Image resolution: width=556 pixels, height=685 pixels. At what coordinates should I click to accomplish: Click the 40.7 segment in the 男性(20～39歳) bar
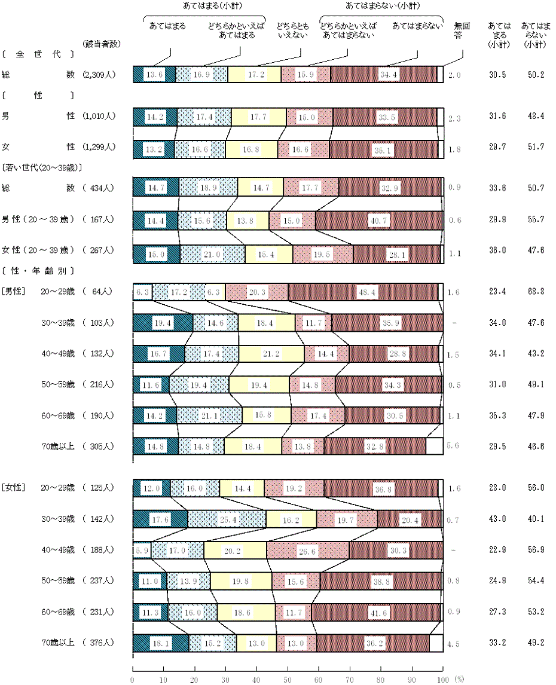pos(378,221)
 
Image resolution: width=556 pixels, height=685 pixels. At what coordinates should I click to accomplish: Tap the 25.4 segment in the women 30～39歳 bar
pos(227,519)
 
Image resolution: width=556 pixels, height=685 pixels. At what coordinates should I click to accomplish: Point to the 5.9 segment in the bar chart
pos(142,551)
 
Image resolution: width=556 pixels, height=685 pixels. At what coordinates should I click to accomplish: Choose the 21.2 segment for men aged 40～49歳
pos(271,354)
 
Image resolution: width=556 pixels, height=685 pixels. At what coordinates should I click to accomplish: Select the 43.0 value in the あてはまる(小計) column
pos(497,519)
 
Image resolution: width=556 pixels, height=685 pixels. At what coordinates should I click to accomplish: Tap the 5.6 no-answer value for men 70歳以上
pos(453,446)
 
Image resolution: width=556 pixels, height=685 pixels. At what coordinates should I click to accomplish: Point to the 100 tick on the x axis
pos(443,680)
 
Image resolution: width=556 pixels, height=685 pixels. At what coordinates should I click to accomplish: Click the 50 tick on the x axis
pos(288,680)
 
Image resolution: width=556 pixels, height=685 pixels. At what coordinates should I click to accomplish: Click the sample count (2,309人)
pos(100,75)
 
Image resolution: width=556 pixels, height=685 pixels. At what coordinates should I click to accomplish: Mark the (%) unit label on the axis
pos(459,680)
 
